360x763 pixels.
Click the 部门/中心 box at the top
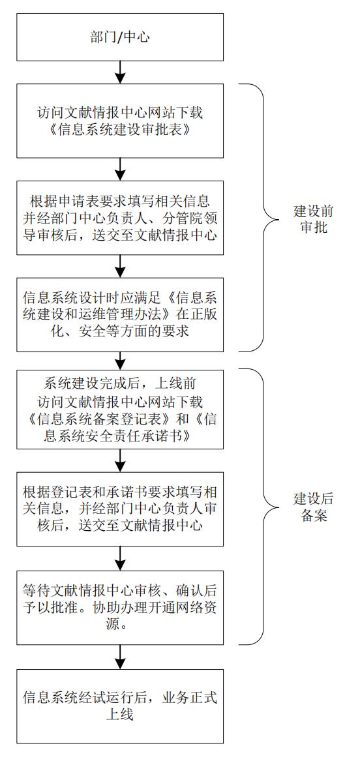[x=120, y=37]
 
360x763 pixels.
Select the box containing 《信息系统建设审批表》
[x=120, y=121]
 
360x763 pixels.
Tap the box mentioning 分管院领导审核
[x=120, y=218]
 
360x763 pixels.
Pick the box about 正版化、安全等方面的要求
[x=120, y=315]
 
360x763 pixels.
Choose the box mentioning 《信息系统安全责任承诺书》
[x=120, y=410]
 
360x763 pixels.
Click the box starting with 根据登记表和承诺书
[x=120, y=509]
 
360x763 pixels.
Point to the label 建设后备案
[x=314, y=507]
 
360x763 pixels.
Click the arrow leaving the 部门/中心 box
[x=120, y=72]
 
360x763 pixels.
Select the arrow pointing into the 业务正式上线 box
[x=120, y=657]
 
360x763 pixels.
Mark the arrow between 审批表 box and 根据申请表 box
[x=120, y=170]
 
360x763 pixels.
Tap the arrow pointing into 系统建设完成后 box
[x=120, y=361]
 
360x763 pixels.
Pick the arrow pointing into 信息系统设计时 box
[x=120, y=267]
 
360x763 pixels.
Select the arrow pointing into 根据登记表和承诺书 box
[x=120, y=460]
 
